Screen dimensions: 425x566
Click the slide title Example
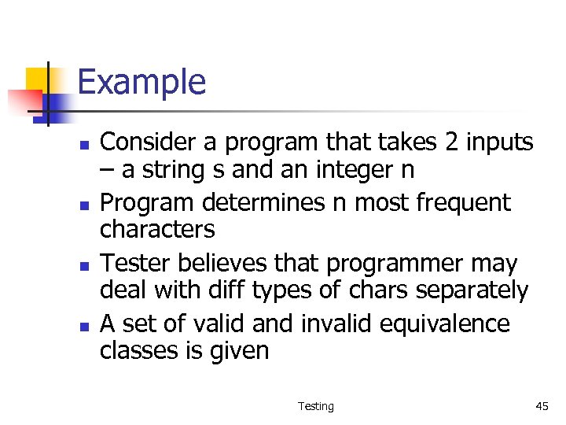(141, 82)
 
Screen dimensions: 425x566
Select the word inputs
(491, 143)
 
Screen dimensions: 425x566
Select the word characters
(156, 230)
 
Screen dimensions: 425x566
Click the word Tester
(134, 263)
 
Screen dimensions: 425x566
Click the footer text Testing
(315, 406)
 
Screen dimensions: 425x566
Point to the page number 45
(542, 406)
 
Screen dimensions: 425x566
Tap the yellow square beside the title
(38, 79)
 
